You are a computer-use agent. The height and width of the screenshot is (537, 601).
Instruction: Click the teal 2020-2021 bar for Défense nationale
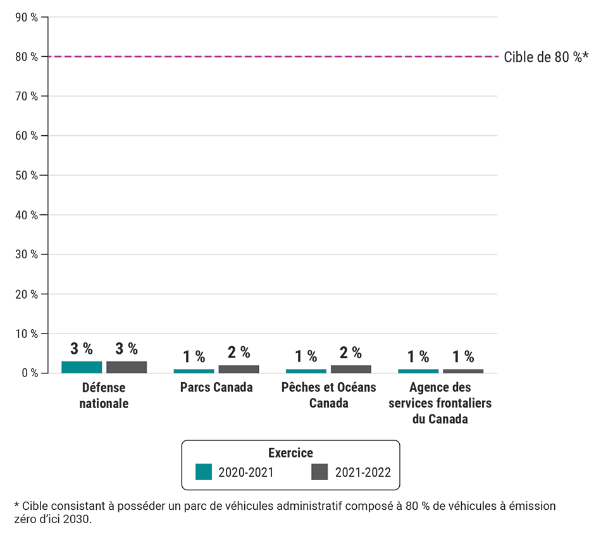tap(82, 367)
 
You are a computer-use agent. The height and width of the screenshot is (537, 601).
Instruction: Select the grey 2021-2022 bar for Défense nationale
tap(127, 367)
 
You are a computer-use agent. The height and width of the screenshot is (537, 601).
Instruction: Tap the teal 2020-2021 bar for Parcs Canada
tap(194, 371)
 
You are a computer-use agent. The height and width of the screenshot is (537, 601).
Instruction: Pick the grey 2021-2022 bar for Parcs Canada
tap(239, 369)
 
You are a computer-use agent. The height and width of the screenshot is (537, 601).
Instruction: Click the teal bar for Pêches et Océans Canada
tap(306, 371)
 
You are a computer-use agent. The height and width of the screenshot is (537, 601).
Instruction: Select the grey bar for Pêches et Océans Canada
tap(350, 369)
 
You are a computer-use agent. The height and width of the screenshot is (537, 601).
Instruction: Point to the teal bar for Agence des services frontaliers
tap(418, 371)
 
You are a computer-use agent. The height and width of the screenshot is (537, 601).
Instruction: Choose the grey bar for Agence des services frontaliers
tap(462, 371)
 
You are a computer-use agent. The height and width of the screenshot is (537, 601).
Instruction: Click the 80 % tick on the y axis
tap(26, 57)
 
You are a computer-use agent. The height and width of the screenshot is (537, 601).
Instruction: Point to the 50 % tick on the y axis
tap(26, 175)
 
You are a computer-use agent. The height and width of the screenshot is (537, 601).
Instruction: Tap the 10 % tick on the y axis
tap(26, 334)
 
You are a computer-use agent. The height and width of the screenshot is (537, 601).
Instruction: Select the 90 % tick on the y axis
tap(26, 17)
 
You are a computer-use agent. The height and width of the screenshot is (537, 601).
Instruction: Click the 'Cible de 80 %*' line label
tap(545, 57)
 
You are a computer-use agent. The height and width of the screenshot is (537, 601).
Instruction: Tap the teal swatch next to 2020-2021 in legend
tap(204, 472)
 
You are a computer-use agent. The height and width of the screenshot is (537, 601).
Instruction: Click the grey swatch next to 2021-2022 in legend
tap(319, 472)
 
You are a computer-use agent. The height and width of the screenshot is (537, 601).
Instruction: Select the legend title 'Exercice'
tap(290, 453)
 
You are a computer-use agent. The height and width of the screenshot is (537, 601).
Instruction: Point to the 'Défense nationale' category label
tap(104, 395)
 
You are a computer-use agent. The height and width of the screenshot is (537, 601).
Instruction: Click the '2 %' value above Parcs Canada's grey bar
tap(239, 353)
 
